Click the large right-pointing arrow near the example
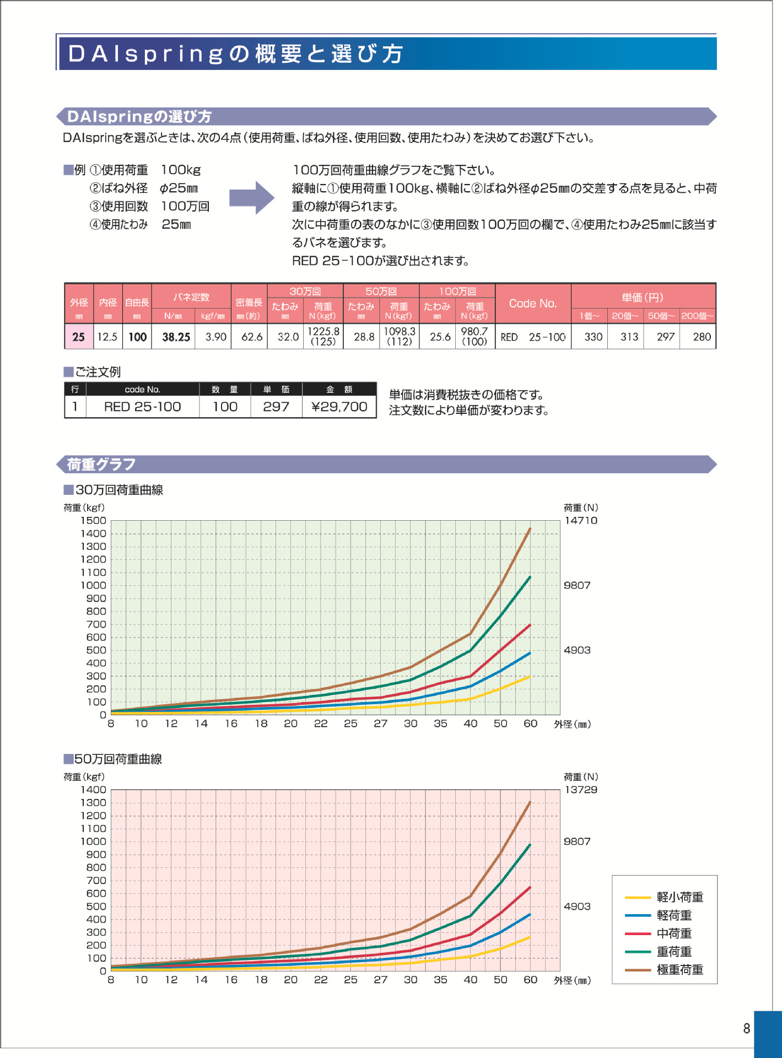pyautogui.click(x=251, y=197)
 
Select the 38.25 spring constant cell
pyautogui.click(x=176, y=337)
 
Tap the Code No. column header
pyautogui.click(x=532, y=303)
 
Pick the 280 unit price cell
pyautogui.click(x=702, y=337)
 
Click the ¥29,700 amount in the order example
pyautogui.click(x=339, y=407)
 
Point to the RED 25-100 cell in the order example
pyautogui.click(x=142, y=407)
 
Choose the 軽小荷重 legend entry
pyautogui.click(x=679, y=897)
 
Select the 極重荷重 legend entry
pyautogui.click(x=679, y=970)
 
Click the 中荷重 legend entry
pyautogui.click(x=674, y=933)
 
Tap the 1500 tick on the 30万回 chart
pyautogui.click(x=93, y=520)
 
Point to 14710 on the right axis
pyautogui.click(x=581, y=520)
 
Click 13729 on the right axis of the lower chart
pyautogui.click(x=581, y=790)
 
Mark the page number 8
pyautogui.click(x=747, y=1028)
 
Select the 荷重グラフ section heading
pyautogui.click(x=101, y=465)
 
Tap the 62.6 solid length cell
pyautogui.click(x=252, y=337)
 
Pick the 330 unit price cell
pyautogui.click(x=593, y=337)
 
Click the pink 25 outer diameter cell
pyautogui.click(x=79, y=337)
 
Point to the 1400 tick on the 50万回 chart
pyautogui.click(x=93, y=790)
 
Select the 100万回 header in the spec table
pyautogui.click(x=457, y=291)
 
